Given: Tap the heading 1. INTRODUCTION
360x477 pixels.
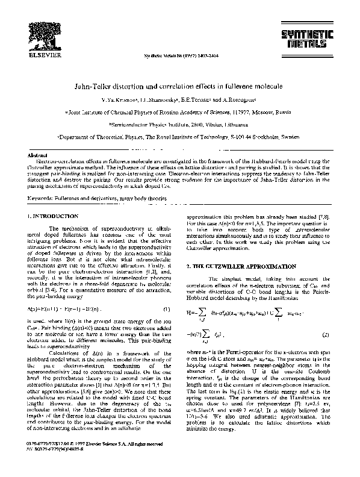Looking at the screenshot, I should point(53,216).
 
